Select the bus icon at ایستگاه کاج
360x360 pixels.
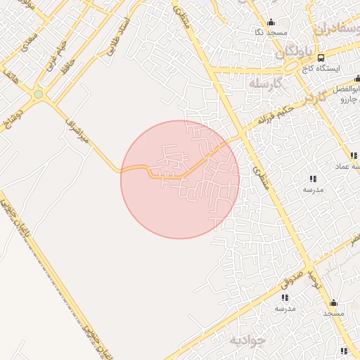click(x=321, y=58)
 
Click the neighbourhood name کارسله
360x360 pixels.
click(x=264, y=83)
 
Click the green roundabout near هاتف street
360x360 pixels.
click(x=38, y=94)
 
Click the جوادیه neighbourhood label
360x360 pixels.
click(x=247, y=340)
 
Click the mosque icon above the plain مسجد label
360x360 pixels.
click(x=333, y=303)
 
